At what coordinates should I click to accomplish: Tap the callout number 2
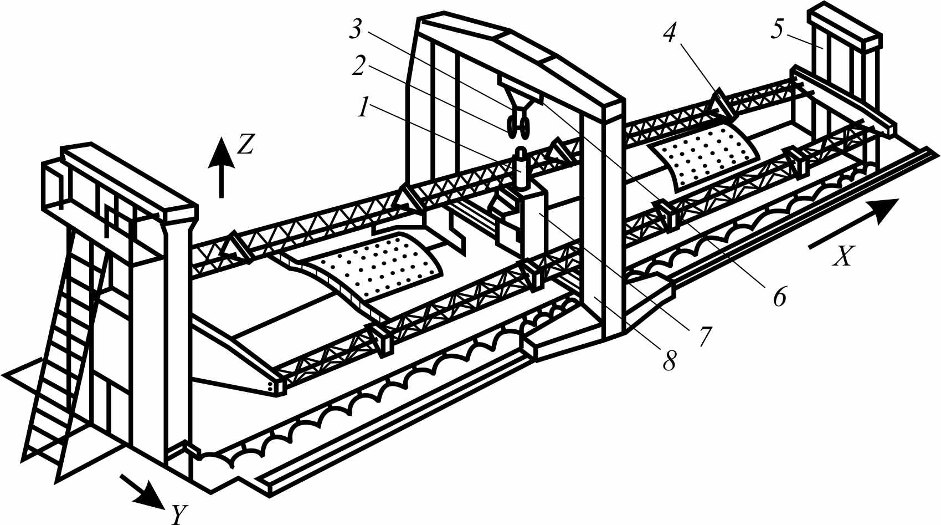click(358, 66)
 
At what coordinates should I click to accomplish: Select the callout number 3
click(356, 29)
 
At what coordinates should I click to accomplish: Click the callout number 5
click(778, 29)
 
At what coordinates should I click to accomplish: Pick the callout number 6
click(779, 297)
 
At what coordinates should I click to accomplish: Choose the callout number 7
click(705, 336)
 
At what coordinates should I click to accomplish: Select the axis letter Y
click(179, 514)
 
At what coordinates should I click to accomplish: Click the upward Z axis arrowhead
click(222, 152)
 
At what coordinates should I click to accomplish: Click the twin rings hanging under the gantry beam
click(517, 128)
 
